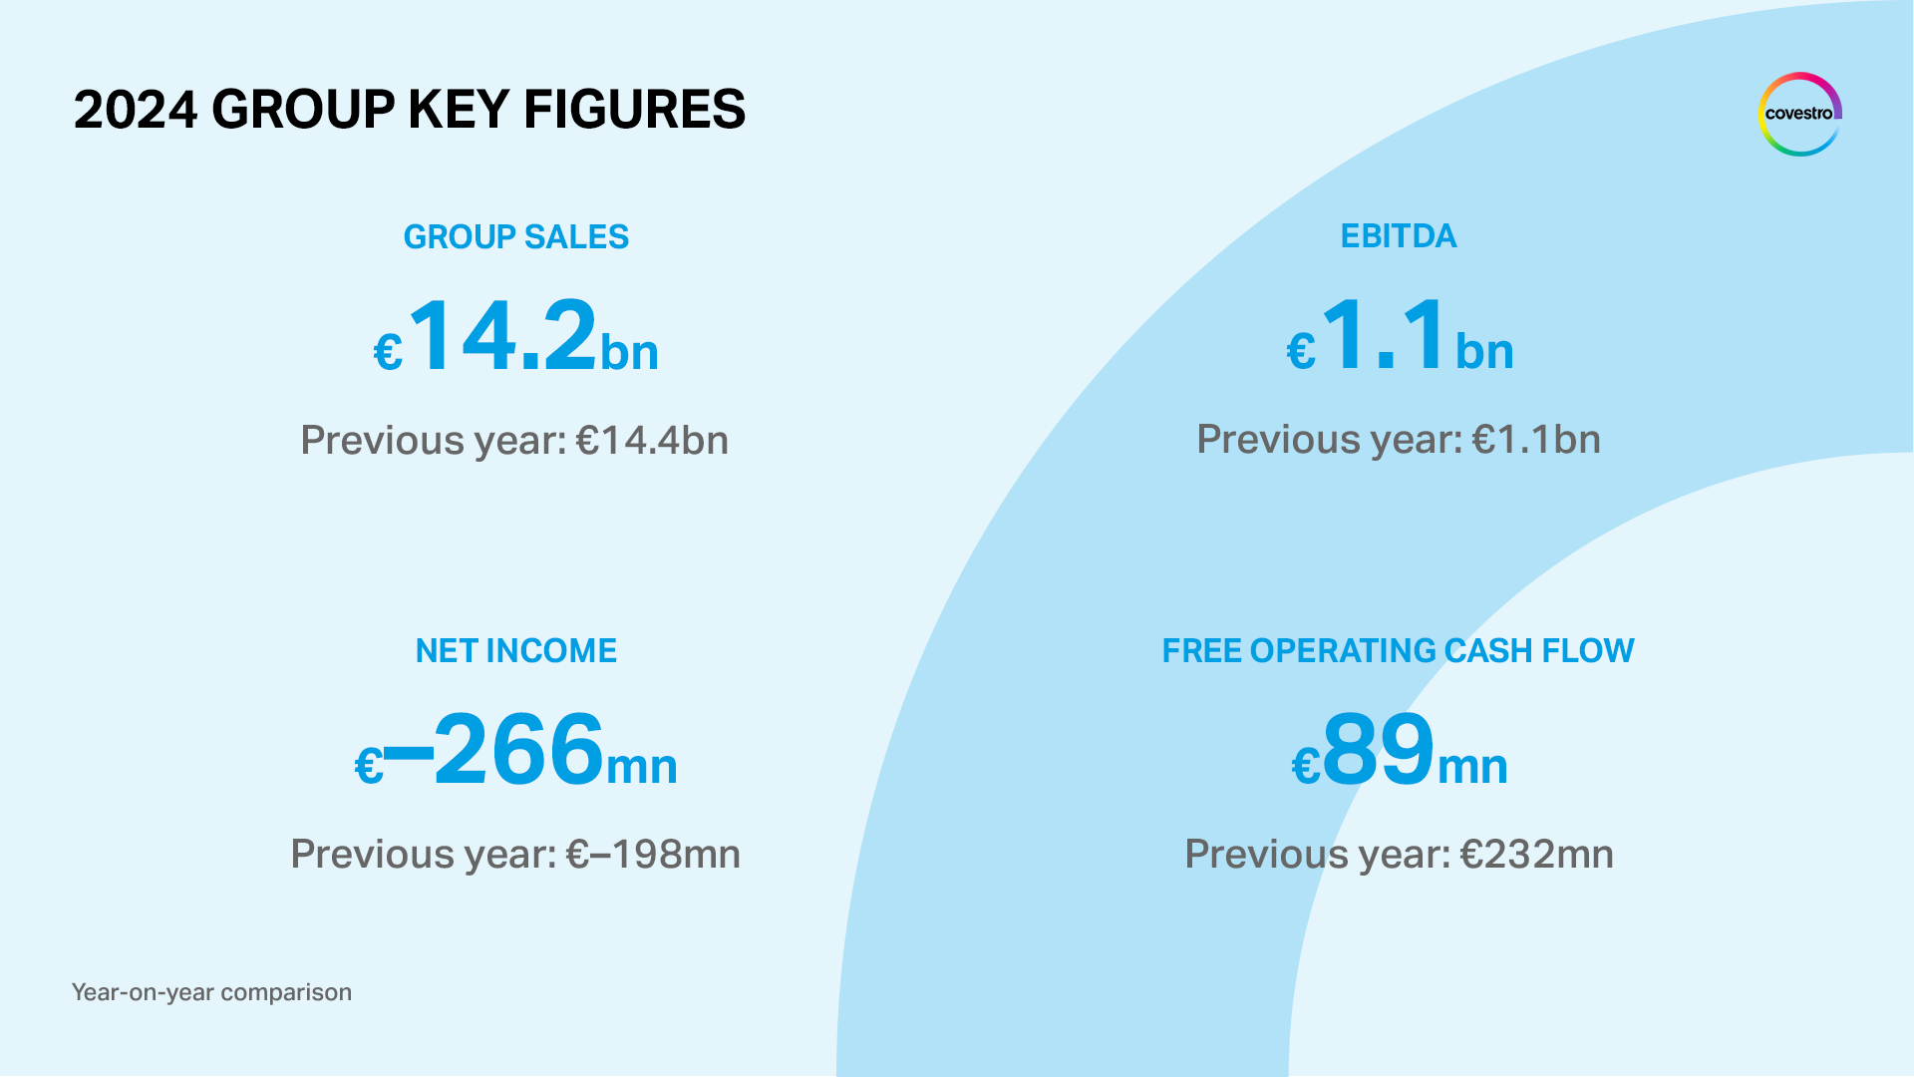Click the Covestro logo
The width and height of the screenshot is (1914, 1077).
[1799, 114]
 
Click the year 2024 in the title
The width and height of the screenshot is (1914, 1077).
[136, 110]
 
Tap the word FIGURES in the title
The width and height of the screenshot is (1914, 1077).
[634, 110]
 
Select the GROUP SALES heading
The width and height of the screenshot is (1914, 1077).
[515, 237]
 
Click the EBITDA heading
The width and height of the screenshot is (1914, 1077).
[1398, 236]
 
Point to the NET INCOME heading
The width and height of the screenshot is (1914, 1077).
[515, 651]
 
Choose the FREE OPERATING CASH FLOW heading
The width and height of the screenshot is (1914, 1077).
[1398, 651]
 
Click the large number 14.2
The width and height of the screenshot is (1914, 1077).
[503, 336]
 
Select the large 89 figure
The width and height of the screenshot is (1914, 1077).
[1379, 750]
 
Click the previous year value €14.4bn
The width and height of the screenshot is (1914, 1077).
[653, 441]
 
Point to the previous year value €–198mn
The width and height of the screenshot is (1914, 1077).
[653, 855]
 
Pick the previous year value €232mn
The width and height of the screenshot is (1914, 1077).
[1536, 855]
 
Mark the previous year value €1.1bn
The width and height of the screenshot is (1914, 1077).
[1536, 440]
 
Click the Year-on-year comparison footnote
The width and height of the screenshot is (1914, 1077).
[211, 992]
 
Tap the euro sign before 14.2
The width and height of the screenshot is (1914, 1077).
[388, 352]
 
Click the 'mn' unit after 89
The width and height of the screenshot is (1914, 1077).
[1472, 767]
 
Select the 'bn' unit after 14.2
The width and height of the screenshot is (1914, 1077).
[629, 353]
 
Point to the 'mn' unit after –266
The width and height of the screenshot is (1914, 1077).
[642, 767]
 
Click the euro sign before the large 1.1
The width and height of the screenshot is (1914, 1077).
[1301, 352]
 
